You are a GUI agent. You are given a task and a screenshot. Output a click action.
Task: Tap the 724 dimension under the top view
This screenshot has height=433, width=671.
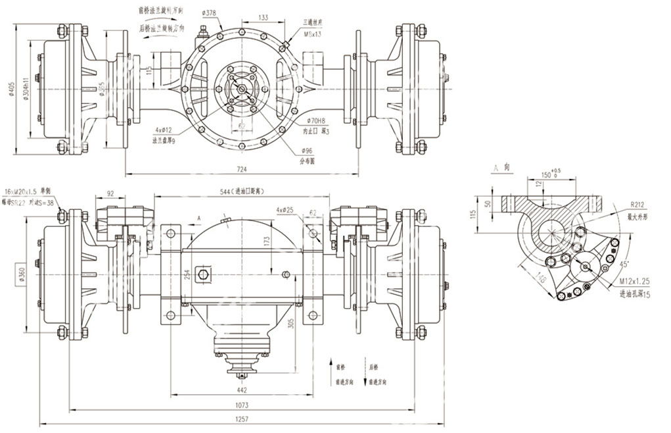point(242,170)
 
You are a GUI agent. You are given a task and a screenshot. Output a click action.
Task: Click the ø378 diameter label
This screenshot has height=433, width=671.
point(210,13)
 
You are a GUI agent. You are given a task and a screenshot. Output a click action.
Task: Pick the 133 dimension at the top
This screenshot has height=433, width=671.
point(263,18)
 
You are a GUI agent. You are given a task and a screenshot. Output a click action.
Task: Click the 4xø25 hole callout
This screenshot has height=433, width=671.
point(285,210)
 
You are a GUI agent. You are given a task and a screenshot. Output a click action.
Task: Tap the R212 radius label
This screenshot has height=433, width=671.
point(637,205)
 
